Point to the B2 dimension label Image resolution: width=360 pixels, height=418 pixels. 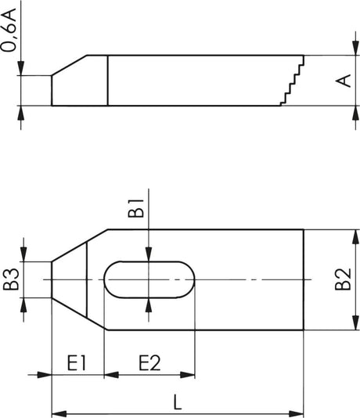coord(342,280)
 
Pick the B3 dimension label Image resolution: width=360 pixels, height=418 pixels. coord(11,280)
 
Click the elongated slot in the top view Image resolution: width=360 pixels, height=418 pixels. coord(148,279)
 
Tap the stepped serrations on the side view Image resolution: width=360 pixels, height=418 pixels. coord(292,81)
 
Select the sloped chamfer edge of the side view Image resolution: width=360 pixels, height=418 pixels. coord(69,65)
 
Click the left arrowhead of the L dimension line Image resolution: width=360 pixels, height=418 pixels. coord(57,413)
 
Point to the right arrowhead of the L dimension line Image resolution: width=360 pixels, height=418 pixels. coord(297,413)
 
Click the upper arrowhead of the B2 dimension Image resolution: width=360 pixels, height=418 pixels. coord(347,234)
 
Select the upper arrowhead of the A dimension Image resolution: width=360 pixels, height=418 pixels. coord(347,60)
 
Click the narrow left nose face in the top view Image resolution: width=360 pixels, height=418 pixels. coord(52,279)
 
